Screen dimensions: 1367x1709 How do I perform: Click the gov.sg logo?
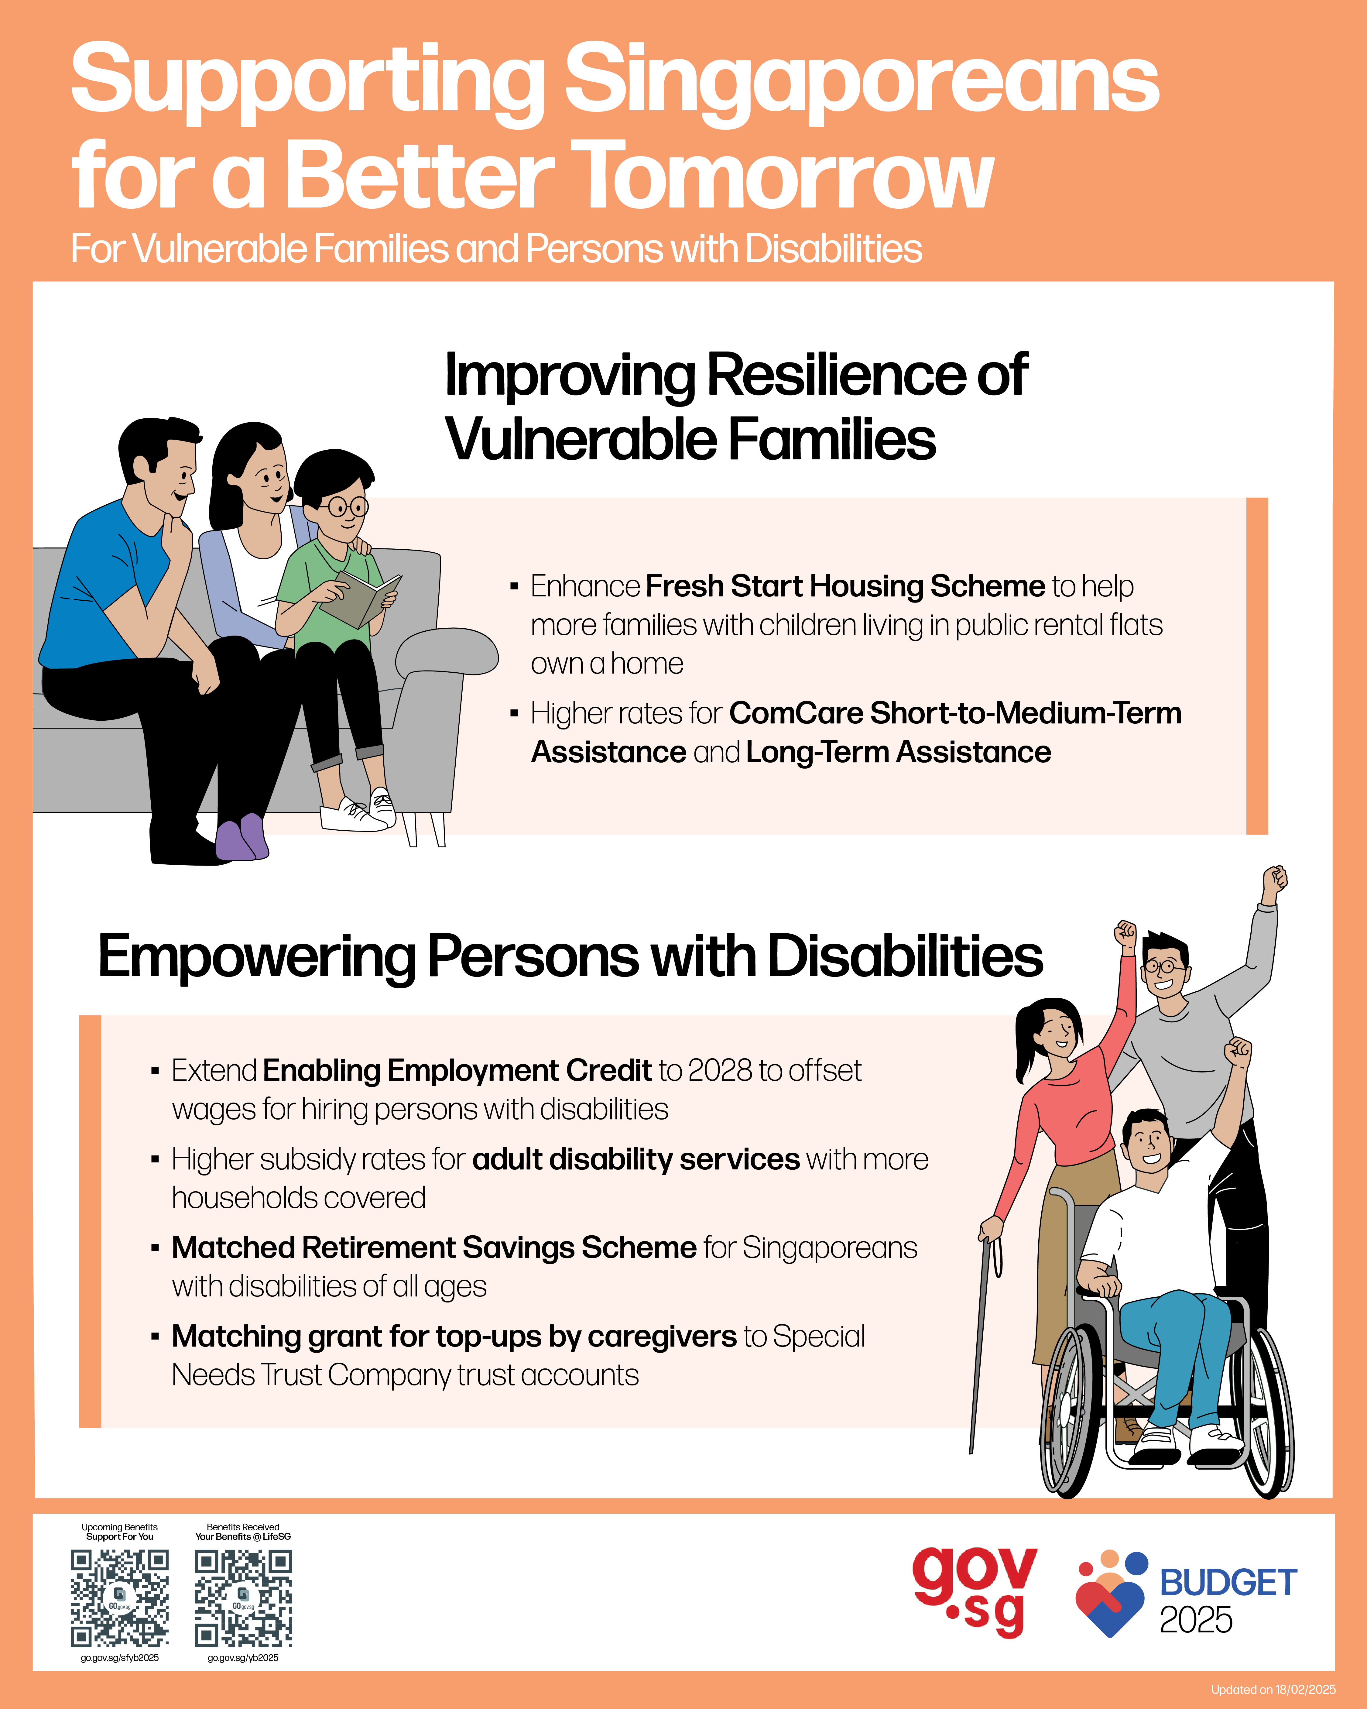point(974,1592)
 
